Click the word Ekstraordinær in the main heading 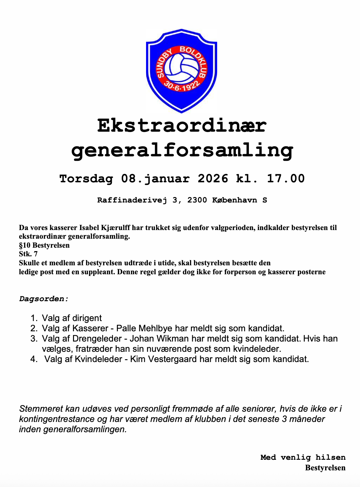point(182,126)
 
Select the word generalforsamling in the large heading point(182,150)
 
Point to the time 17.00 point(286,178)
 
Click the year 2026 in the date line point(213,178)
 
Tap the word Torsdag point(86,178)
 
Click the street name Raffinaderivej point(132,200)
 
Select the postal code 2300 point(197,200)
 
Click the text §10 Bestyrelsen point(44,245)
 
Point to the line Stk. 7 point(28,254)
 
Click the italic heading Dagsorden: point(44,299)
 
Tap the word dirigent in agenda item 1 point(87,318)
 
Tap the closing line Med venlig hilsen point(303,457)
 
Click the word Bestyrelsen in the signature point(325,468)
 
